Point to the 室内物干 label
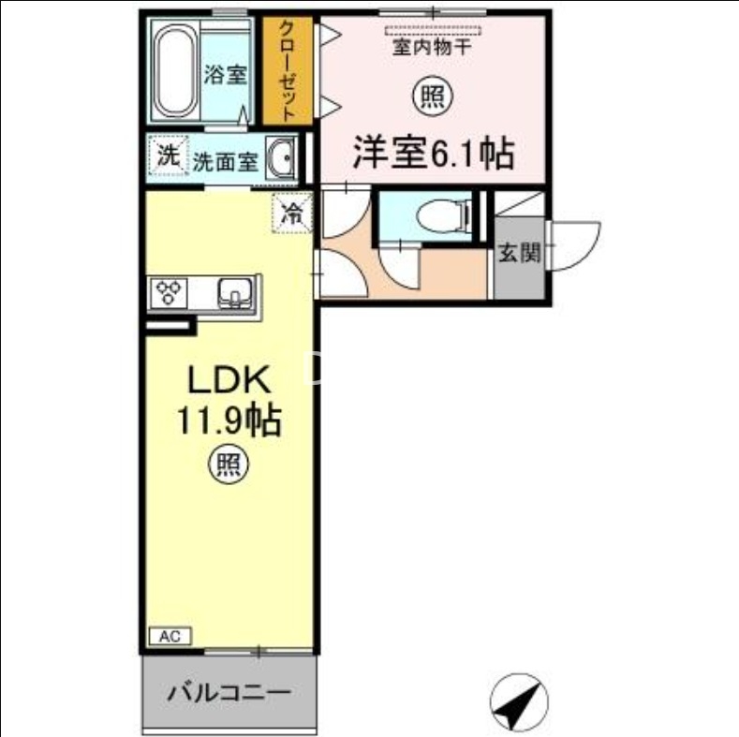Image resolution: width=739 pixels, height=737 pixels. tap(432, 43)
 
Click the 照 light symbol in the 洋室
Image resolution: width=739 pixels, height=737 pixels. tap(431, 96)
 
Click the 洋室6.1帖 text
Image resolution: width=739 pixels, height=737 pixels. tap(433, 153)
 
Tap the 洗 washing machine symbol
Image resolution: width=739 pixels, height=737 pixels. tap(167, 157)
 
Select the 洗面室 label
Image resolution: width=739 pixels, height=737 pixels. tap(225, 161)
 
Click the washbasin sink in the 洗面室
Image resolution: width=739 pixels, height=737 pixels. tap(280, 158)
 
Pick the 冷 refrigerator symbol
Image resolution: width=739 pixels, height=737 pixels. tap(292, 213)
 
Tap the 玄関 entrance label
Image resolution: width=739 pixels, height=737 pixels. tap(519, 253)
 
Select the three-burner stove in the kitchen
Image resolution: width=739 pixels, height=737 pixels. tap(170, 292)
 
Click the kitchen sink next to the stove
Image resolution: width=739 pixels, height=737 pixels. tap(234, 293)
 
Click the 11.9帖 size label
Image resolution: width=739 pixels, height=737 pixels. tap(230, 420)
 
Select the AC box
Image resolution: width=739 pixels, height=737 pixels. tap(170, 636)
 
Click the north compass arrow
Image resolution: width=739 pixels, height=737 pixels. tap(518, 701)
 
